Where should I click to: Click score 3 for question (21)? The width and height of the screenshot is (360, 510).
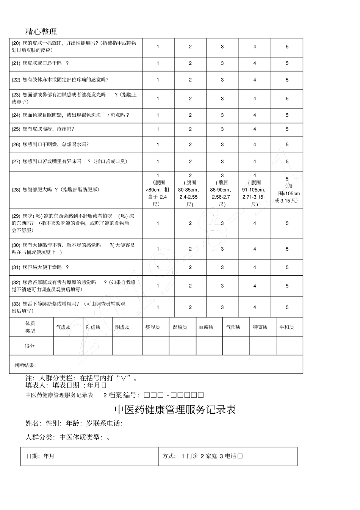coord(222,63)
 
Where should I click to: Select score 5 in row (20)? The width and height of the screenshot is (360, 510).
coord(287,47)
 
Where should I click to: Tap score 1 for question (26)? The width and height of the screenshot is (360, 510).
coord(158,144)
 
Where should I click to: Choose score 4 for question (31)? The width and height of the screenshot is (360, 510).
coord(255,267)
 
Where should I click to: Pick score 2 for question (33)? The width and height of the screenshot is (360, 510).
coord(190,307)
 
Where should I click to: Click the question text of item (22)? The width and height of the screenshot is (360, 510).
coord(60,80)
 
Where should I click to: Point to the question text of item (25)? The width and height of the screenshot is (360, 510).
coord(43,129)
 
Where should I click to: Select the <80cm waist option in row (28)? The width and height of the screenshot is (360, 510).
coord(158,190)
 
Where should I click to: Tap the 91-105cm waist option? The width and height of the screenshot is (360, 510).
coord(255,190)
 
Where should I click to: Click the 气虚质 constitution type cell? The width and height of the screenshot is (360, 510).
coord(63,327)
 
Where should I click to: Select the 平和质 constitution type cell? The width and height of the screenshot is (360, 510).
coord(287,327)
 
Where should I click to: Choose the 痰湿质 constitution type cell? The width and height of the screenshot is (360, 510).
coord(153,327)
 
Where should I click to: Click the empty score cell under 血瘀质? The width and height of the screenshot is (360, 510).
coord(209,346)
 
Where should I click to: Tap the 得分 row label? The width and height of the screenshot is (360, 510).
coord(30,346)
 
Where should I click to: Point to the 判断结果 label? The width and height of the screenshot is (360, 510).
coord(25,365)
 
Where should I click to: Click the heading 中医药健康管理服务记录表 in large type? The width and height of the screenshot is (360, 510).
coord(175,410)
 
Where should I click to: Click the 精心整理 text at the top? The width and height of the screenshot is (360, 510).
coord(41,31)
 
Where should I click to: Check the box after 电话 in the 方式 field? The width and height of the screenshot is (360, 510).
coord(240,456)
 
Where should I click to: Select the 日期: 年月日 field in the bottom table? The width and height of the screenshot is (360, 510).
coord(43,456)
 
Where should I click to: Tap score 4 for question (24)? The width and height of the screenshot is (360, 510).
coord(255,115)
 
